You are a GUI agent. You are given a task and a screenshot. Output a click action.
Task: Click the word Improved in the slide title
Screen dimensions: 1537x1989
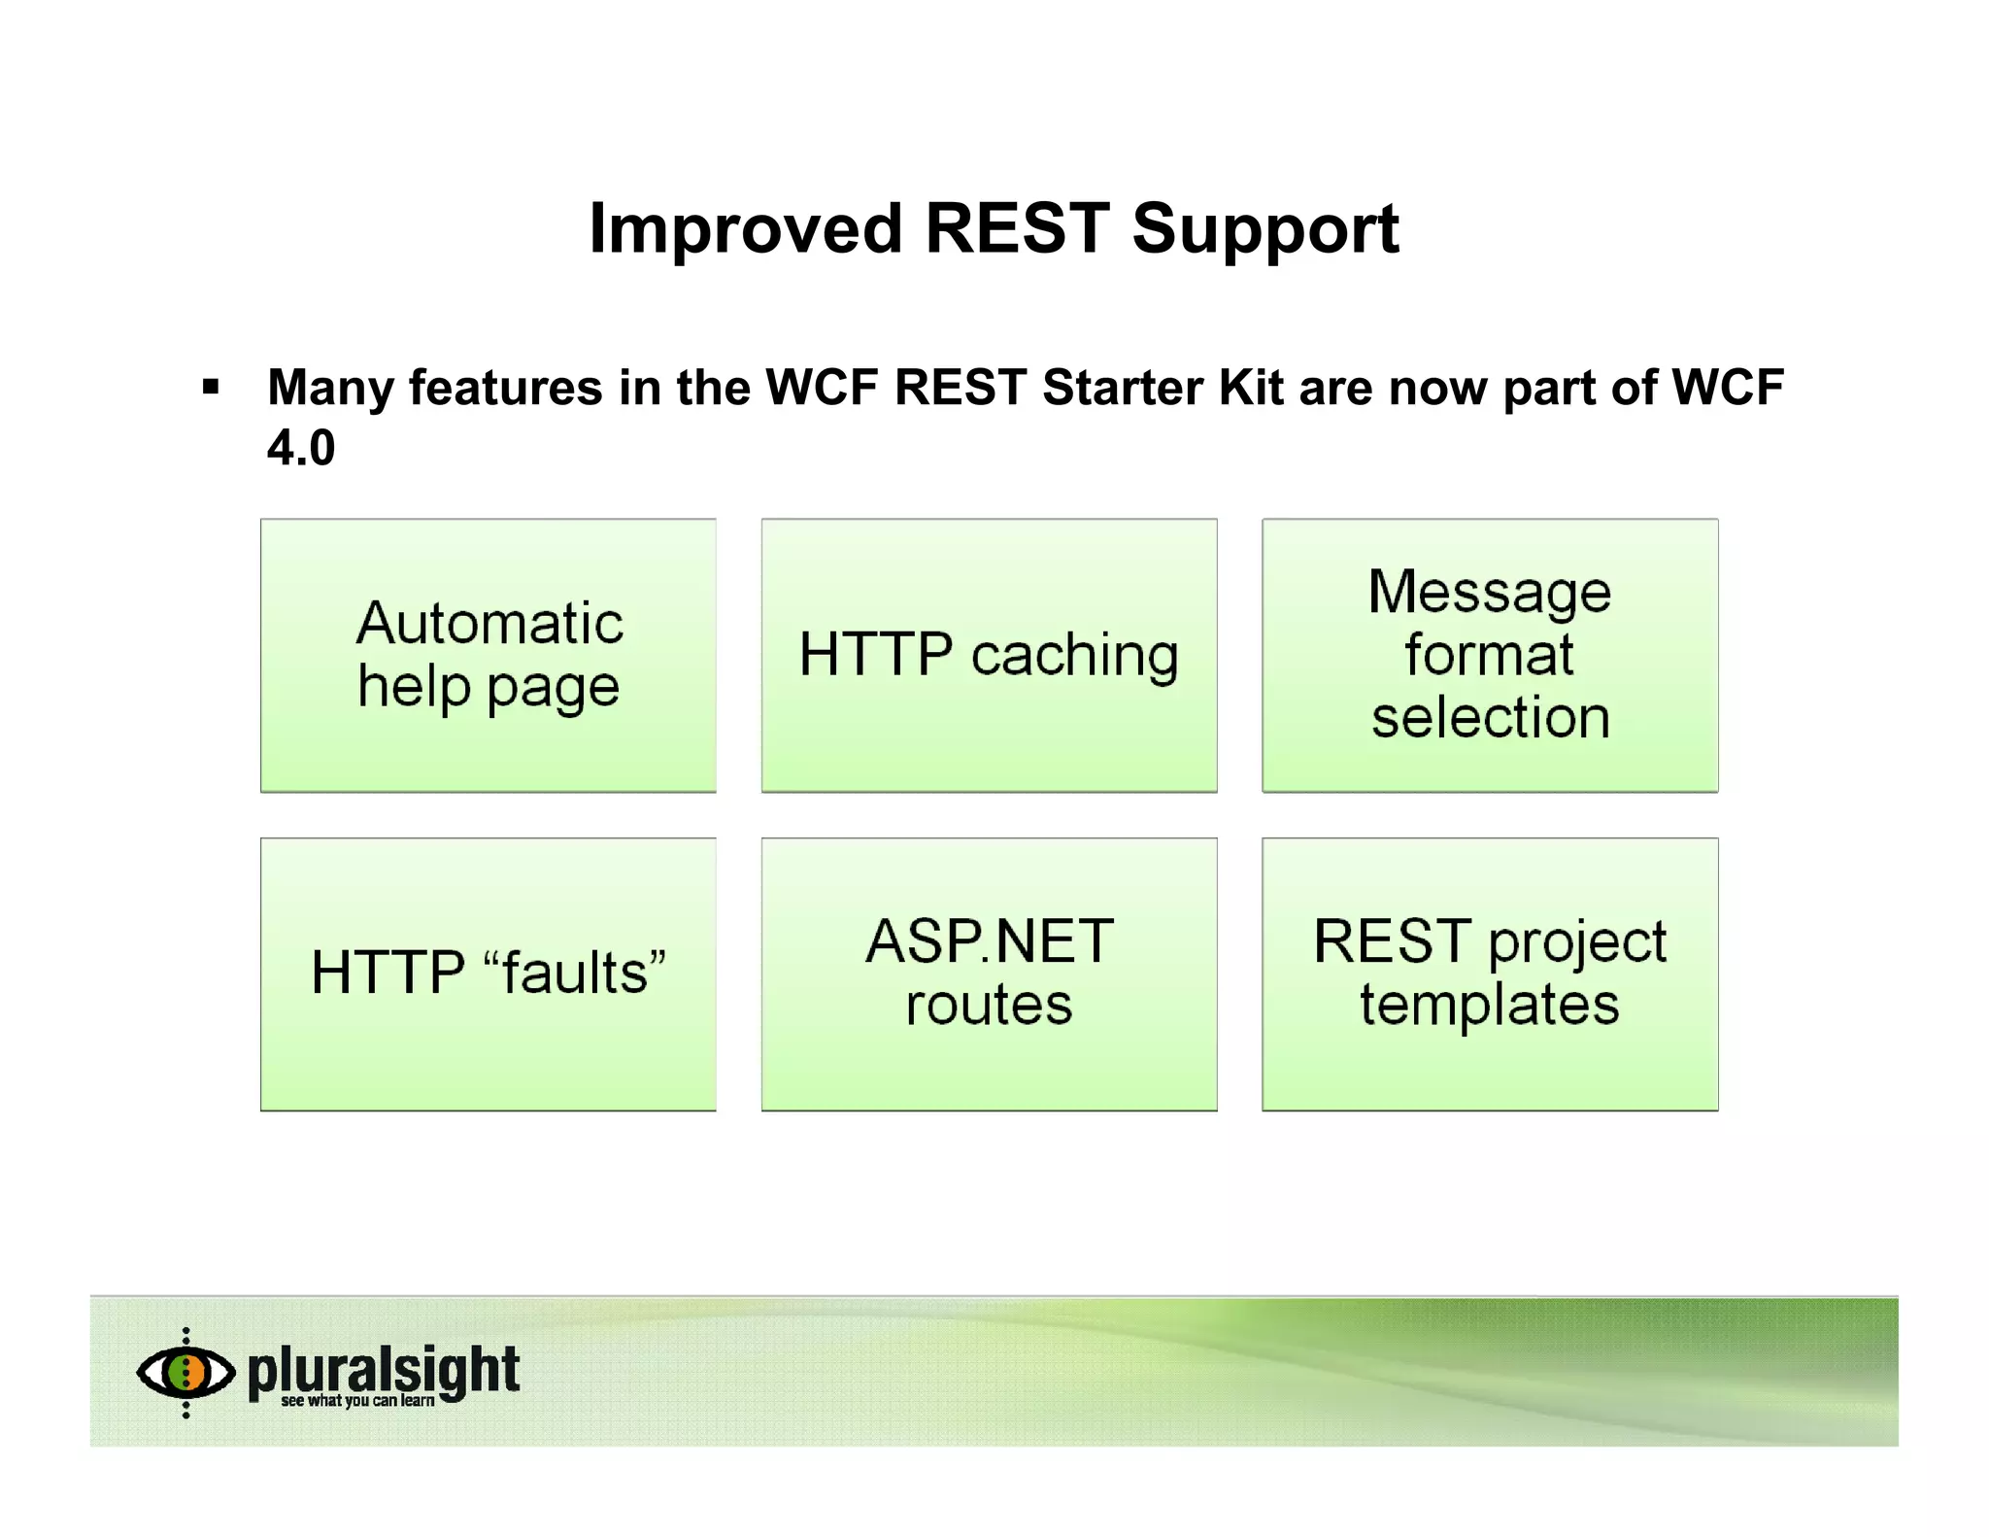pos(745,230)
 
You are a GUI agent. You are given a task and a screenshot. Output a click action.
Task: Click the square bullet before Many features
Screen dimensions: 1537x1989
pos(211,388)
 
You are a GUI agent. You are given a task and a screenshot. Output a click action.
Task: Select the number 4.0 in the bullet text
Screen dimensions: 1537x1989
pos(301,448)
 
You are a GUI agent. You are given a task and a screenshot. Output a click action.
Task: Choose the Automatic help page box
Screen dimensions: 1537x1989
pos(489,656)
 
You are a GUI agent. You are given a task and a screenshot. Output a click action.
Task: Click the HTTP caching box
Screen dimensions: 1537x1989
pos(989,656)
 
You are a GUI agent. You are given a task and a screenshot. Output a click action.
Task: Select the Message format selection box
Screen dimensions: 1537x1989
pos(1490,656)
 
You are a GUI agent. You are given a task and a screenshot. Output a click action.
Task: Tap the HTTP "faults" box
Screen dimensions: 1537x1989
pos(489,974)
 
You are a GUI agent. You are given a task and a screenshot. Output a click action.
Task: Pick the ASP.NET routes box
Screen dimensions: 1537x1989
pos(989,974)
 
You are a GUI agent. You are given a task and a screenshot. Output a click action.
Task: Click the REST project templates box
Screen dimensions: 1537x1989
pos(1490,974)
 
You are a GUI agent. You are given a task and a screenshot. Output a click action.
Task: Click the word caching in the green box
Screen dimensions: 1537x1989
pos(1074,656)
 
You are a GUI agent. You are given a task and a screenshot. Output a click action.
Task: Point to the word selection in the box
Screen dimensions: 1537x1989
pos(1490,718)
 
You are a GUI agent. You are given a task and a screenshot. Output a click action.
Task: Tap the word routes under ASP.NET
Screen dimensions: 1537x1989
pos(989,1006)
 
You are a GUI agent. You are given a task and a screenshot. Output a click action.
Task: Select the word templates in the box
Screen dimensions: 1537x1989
pos(1490,1006)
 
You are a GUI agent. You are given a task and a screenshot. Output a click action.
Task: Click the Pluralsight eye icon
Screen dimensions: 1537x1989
pos(185,1372)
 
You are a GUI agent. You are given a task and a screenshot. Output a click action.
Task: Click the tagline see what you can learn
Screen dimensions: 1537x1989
pos(357,1401)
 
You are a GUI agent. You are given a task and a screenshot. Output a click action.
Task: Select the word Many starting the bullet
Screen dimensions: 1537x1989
pos(330,388)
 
